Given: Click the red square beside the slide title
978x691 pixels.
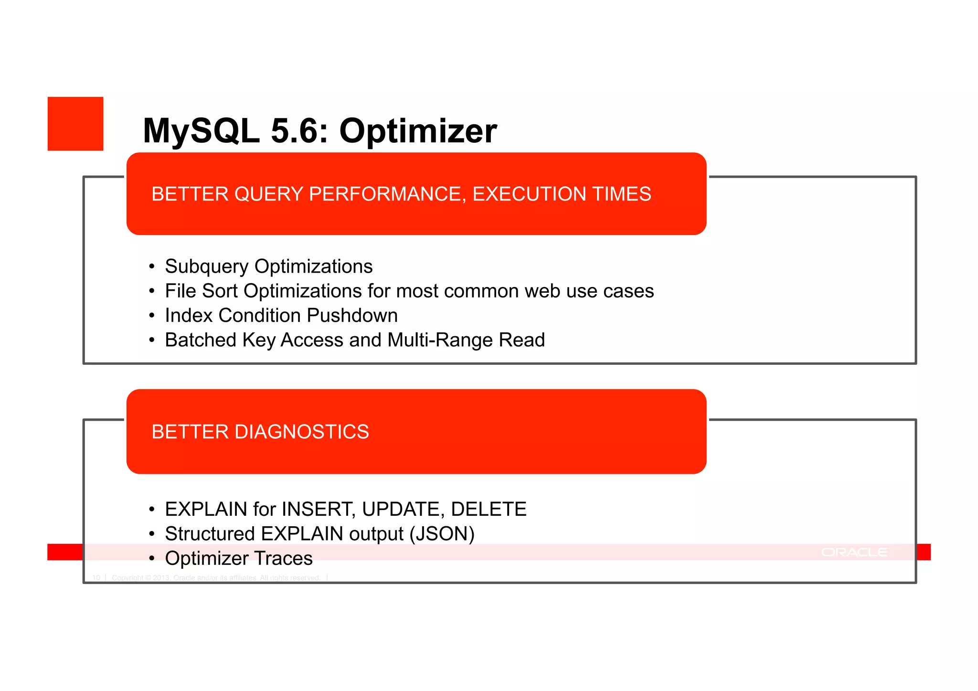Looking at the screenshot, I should point(75,124).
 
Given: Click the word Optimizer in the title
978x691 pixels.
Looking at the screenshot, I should point(418,131).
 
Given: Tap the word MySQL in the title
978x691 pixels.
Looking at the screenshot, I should point(201,131).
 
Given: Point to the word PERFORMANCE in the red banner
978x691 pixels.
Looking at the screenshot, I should point(387,194).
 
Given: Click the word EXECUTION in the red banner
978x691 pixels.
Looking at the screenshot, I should point(529,194).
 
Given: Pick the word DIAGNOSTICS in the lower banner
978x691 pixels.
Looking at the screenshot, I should point(301,432).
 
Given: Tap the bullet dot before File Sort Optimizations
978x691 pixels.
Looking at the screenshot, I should point(152,291).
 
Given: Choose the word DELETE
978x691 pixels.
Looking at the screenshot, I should point(489,509).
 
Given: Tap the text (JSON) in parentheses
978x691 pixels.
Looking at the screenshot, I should point(442,534).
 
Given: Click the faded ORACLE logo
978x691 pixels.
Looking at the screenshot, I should point(854,553).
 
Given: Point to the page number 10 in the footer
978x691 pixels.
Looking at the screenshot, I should point(96,578).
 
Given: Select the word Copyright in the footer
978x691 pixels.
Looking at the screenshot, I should point(128,578).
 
